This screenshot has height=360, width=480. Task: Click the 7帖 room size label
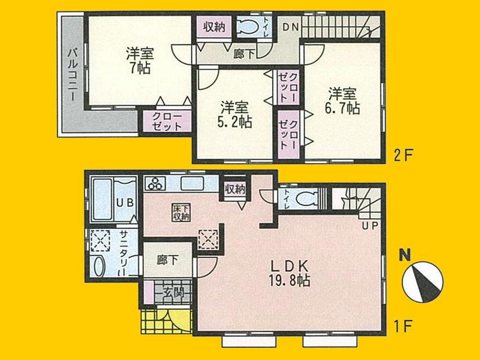[x=140, y=69]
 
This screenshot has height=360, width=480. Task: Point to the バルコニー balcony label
[x=71, y=73]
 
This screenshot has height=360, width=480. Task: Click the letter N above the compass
[x=404, y=254]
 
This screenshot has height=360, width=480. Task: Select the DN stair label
[x=289, y=25]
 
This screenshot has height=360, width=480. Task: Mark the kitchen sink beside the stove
[x=191, y=183]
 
